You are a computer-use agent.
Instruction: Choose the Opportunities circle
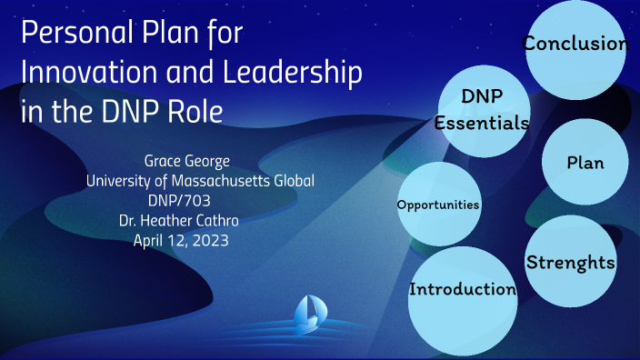tap(438, 205)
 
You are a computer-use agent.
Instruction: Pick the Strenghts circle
tap(571, 263)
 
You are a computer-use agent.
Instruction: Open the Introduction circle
tap(463, 290)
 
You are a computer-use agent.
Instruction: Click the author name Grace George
tap(200, 161)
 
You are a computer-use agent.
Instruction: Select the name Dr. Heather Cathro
tap(199, 219)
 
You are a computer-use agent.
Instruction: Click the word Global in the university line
tap(293, 180)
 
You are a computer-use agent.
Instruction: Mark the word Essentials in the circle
tap(481, 125)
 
